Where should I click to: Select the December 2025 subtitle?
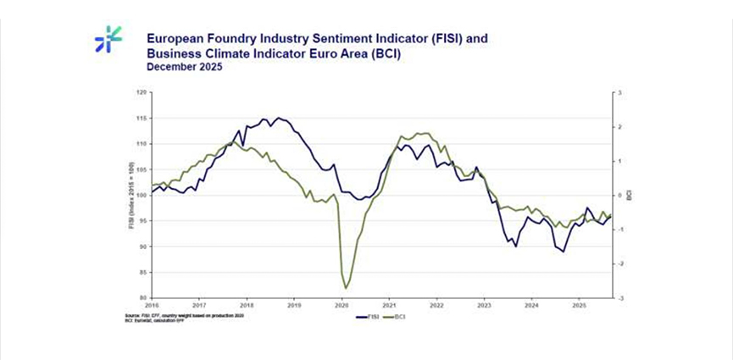click(185, 68)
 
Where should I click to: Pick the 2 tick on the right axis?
click(619, 127)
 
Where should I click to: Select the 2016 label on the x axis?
click(153, 305)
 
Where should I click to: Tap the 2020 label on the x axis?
click(342, 305)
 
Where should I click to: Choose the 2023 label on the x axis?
click(484, 305)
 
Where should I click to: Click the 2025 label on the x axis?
click(579, 305)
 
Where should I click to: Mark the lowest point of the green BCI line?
click(347, 288)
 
